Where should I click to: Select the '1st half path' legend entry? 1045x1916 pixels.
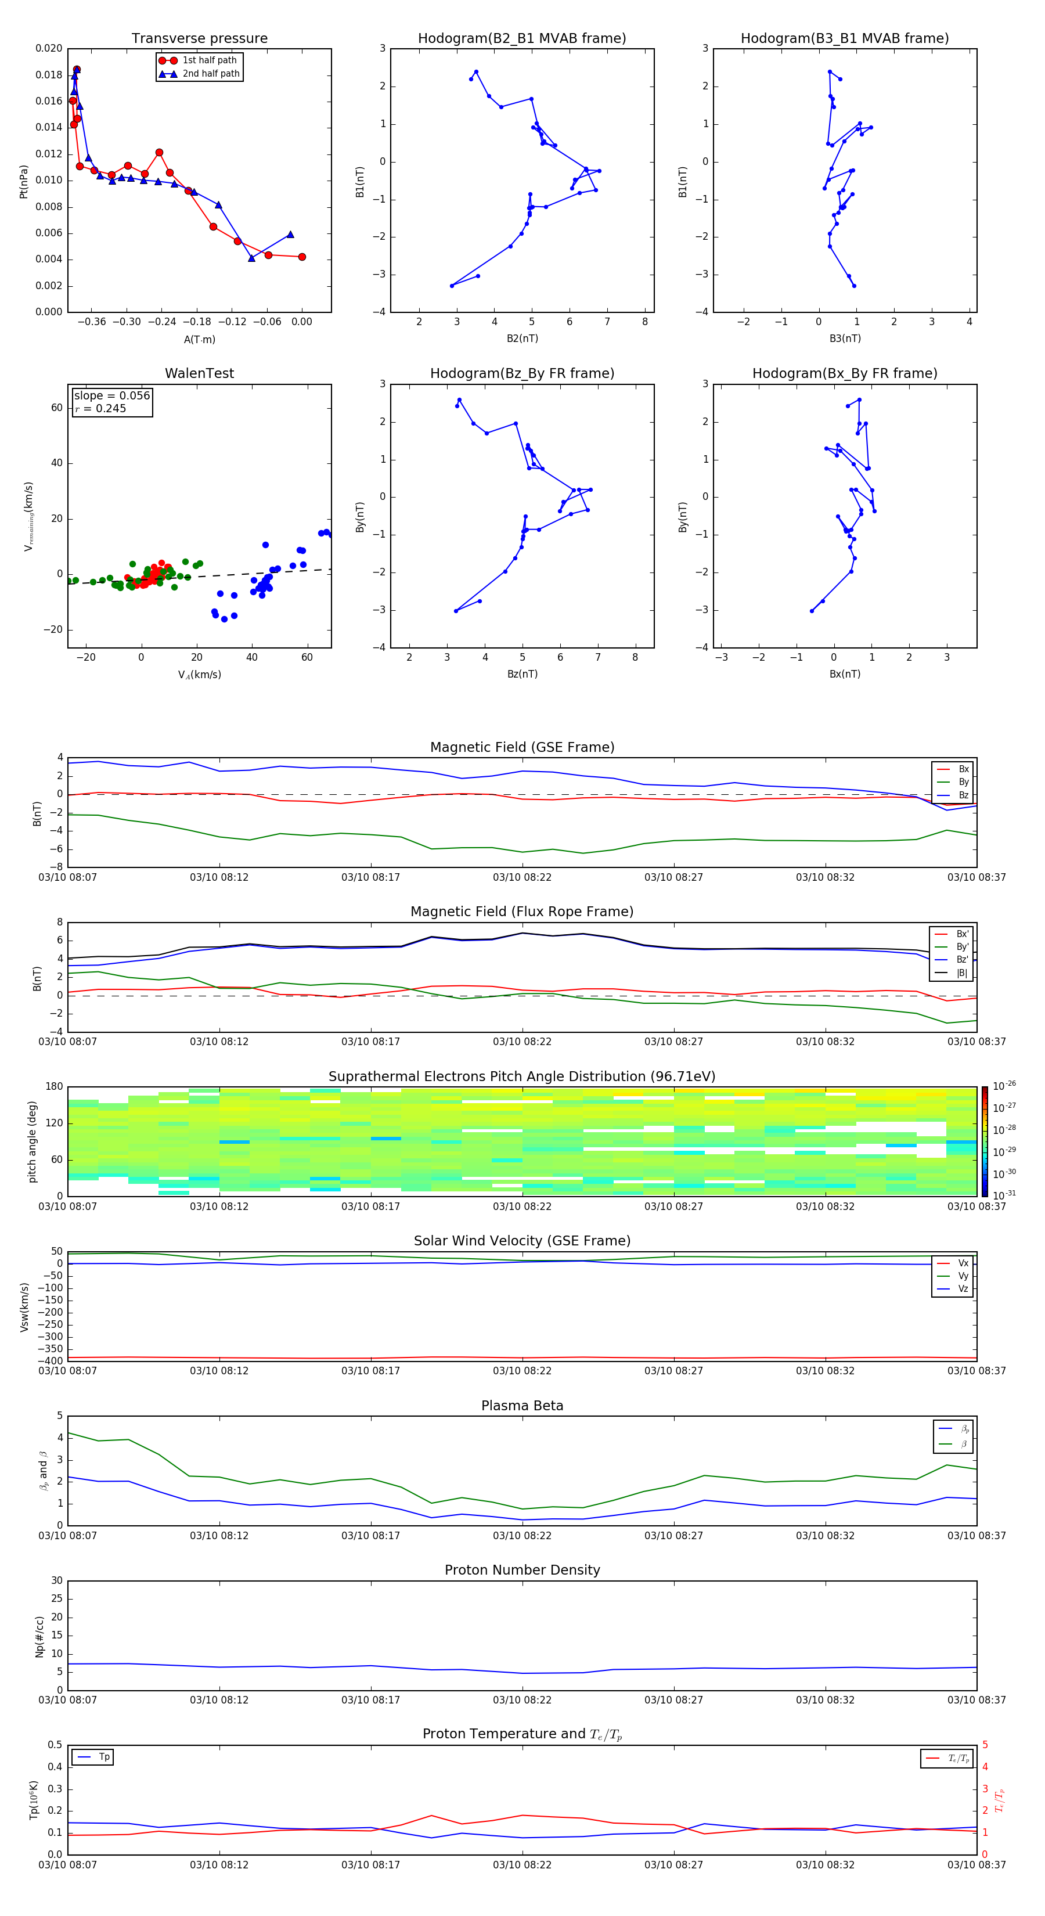[209, 60]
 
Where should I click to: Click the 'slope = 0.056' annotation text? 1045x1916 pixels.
[111, 396]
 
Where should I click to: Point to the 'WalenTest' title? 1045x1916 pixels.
[199, 373]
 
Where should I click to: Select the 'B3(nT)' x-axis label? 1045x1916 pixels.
[845, 338]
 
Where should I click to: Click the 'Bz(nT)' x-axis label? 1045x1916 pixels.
[522, 674]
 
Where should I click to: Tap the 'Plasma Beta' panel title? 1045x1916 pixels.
[522, 1406]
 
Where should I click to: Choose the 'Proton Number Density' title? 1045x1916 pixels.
[522, 1570]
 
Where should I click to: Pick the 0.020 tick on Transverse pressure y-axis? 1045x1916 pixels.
[49, 48]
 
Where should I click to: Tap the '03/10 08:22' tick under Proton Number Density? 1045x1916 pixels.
[522, 1699]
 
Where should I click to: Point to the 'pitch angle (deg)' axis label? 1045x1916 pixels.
[32, 1141]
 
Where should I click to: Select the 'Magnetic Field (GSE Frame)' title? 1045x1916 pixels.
[522, 747]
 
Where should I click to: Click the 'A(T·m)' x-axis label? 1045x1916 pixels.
[199, 340]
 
